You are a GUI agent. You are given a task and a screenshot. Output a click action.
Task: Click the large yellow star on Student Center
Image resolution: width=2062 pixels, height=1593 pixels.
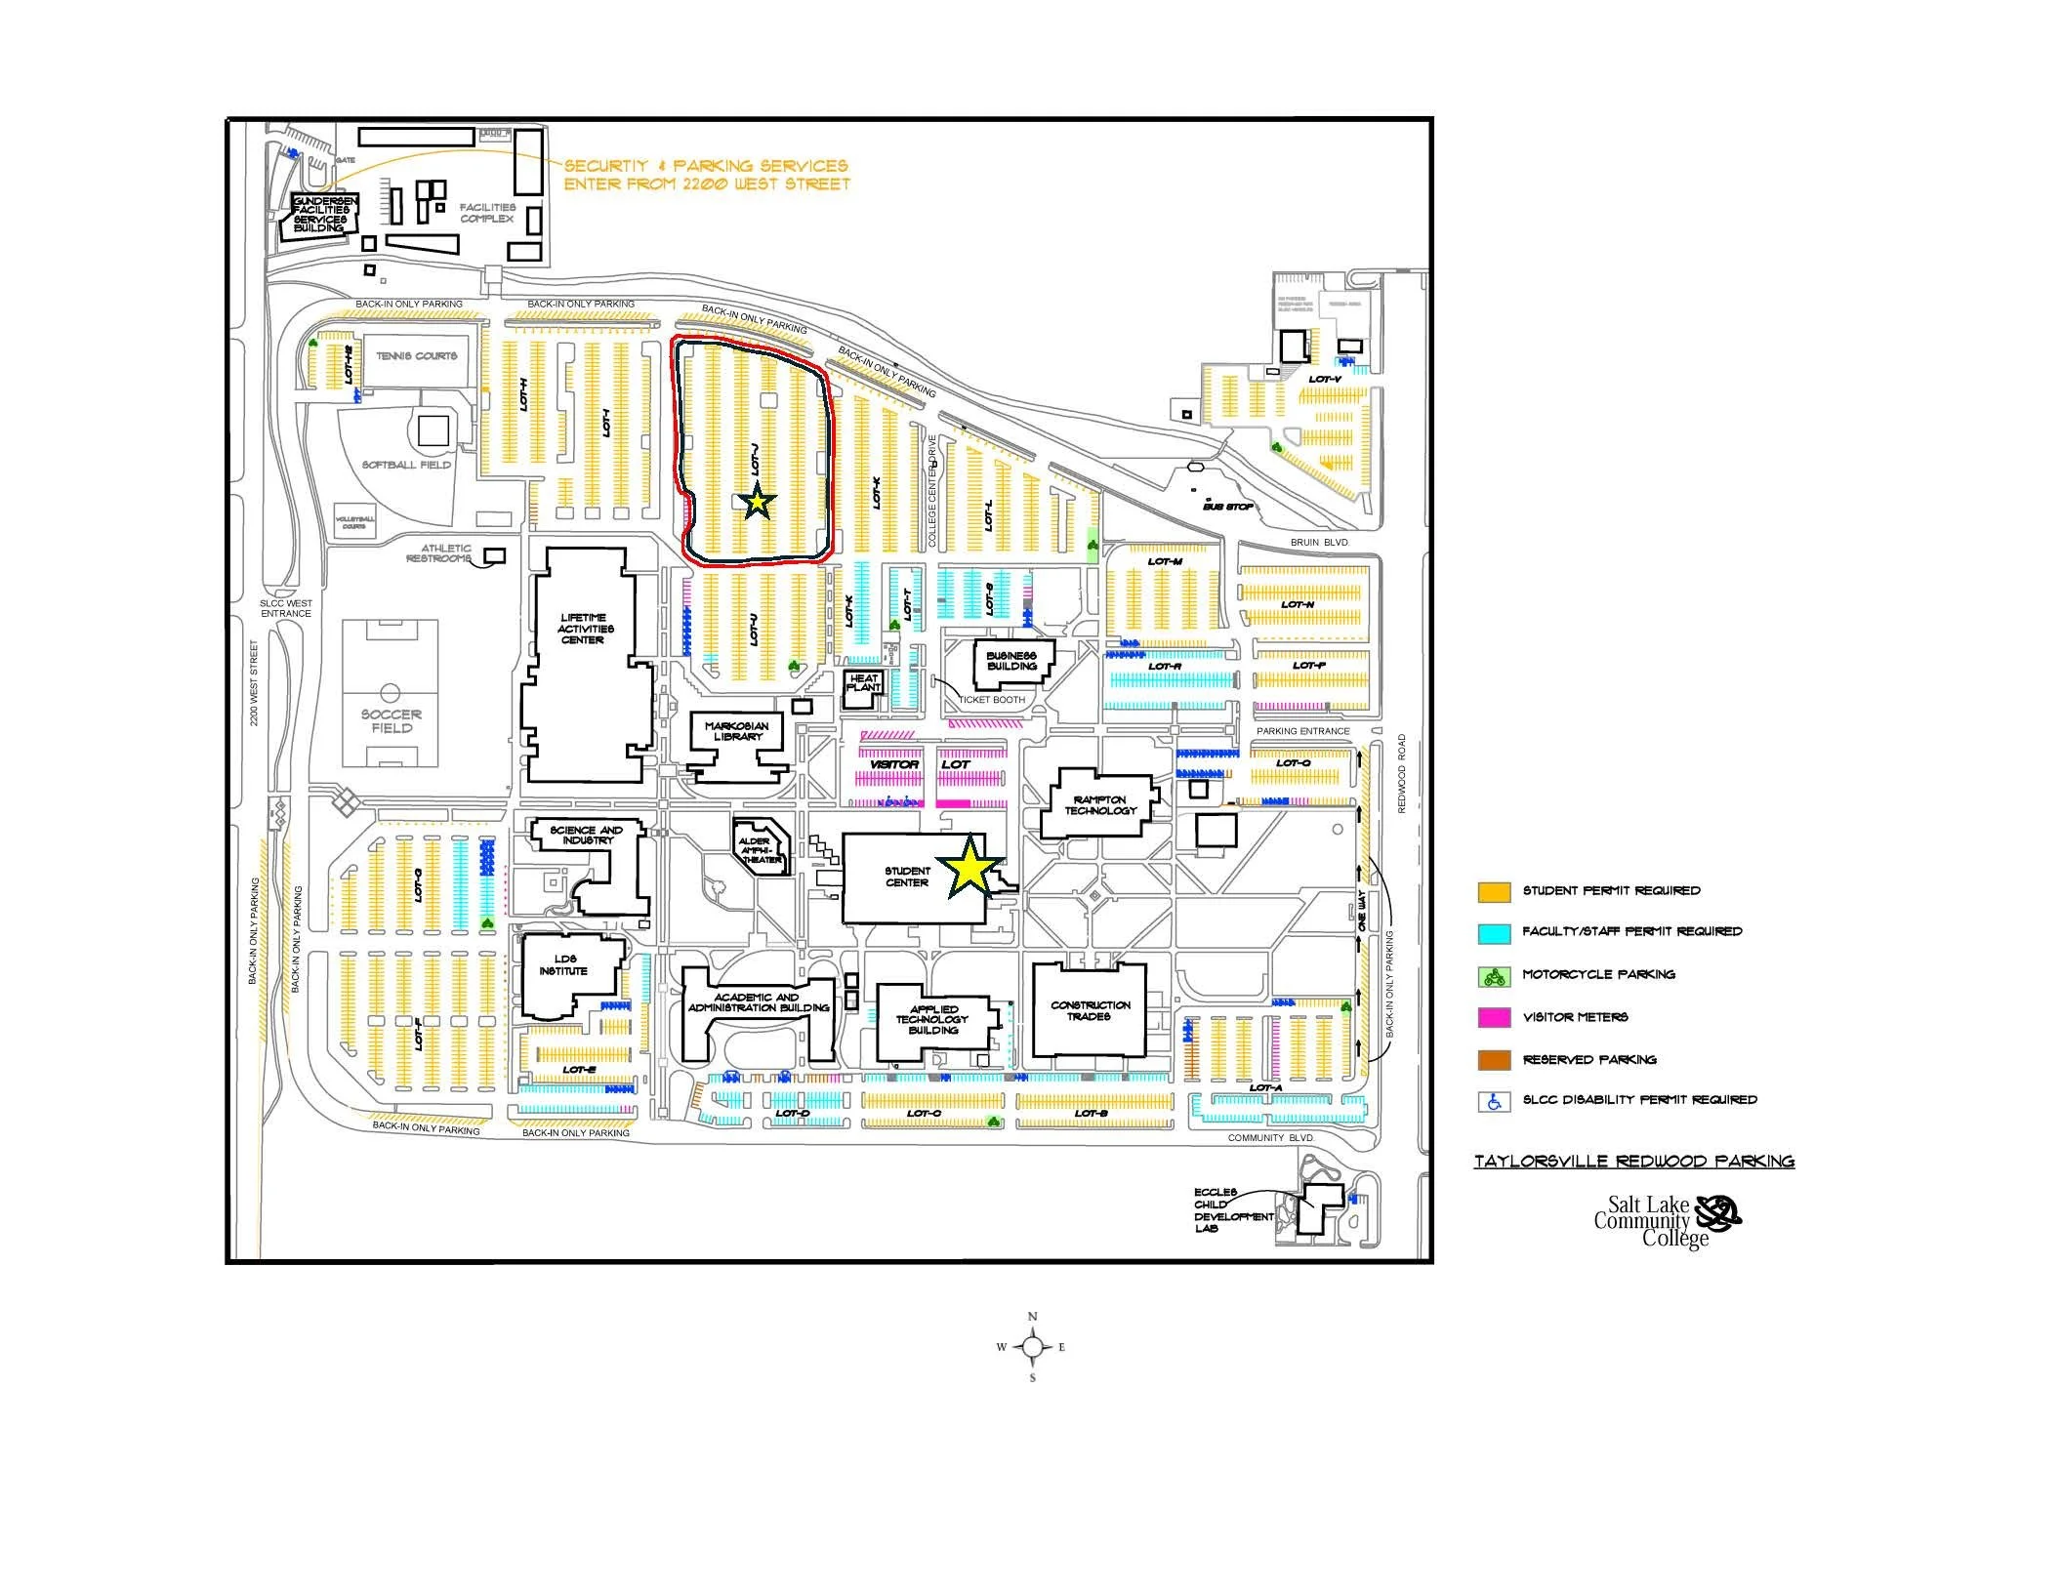click(969, 866)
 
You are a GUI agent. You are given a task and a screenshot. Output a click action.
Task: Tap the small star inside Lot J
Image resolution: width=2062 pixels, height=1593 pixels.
click(758, 503)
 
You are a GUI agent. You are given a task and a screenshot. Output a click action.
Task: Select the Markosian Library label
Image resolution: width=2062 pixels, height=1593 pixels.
click(736, 731)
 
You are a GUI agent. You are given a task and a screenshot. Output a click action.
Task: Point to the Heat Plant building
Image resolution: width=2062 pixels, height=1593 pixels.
click(863, 683)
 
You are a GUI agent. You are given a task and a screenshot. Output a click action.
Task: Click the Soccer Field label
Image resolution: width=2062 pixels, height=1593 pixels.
click(391, 721)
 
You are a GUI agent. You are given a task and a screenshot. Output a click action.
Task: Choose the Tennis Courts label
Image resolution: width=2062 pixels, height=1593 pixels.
click(417, 356)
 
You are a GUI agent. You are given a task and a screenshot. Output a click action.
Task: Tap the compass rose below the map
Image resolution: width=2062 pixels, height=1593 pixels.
click(1032, 1348)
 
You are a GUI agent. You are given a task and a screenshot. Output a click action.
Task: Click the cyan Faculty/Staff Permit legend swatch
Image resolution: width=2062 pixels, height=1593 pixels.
click(1494, 933)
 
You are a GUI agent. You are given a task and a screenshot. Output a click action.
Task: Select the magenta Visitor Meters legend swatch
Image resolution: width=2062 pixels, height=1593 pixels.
click(1494, 1018)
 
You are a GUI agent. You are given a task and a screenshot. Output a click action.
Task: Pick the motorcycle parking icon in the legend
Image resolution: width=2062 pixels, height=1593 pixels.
click(1494, 975)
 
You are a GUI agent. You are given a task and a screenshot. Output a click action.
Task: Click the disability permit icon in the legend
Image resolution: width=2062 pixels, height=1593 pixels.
click(1494, 1101)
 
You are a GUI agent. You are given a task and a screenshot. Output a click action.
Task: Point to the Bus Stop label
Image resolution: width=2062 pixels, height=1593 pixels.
click(1227, 507)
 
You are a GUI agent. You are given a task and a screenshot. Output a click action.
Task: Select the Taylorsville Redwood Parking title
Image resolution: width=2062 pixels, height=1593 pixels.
click(1633, 1162)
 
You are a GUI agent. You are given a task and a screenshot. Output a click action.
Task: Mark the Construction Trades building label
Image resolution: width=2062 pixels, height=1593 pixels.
click(1090, 1010)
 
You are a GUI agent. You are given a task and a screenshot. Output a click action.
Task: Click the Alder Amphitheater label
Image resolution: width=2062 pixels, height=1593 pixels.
click(760, 849)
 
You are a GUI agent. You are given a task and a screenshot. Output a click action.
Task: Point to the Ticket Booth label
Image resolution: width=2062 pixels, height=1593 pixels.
click(992, 700)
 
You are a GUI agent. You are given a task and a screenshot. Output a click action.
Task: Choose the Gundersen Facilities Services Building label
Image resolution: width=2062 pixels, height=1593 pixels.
click(321, 214)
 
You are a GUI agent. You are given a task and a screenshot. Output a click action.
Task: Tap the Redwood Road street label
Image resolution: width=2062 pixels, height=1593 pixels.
click(1402, 774)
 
